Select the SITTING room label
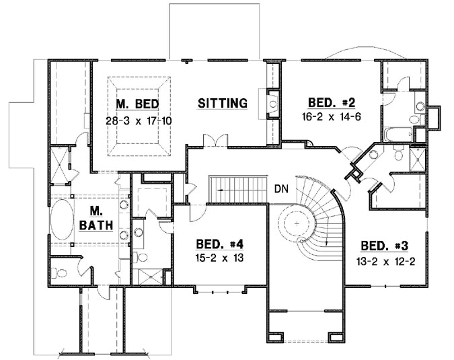pyautogui.click(x=223, y=103)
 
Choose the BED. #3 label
pyautogui.click(x=383, y=246)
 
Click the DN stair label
pyautogui.click(x=281, y=189)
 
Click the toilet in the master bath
pyautogui.click(x=59, y=273)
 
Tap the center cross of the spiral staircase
pyautogui.click(x=297, y=223)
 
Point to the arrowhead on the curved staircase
pyautogui.click(x=326, y=242)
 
